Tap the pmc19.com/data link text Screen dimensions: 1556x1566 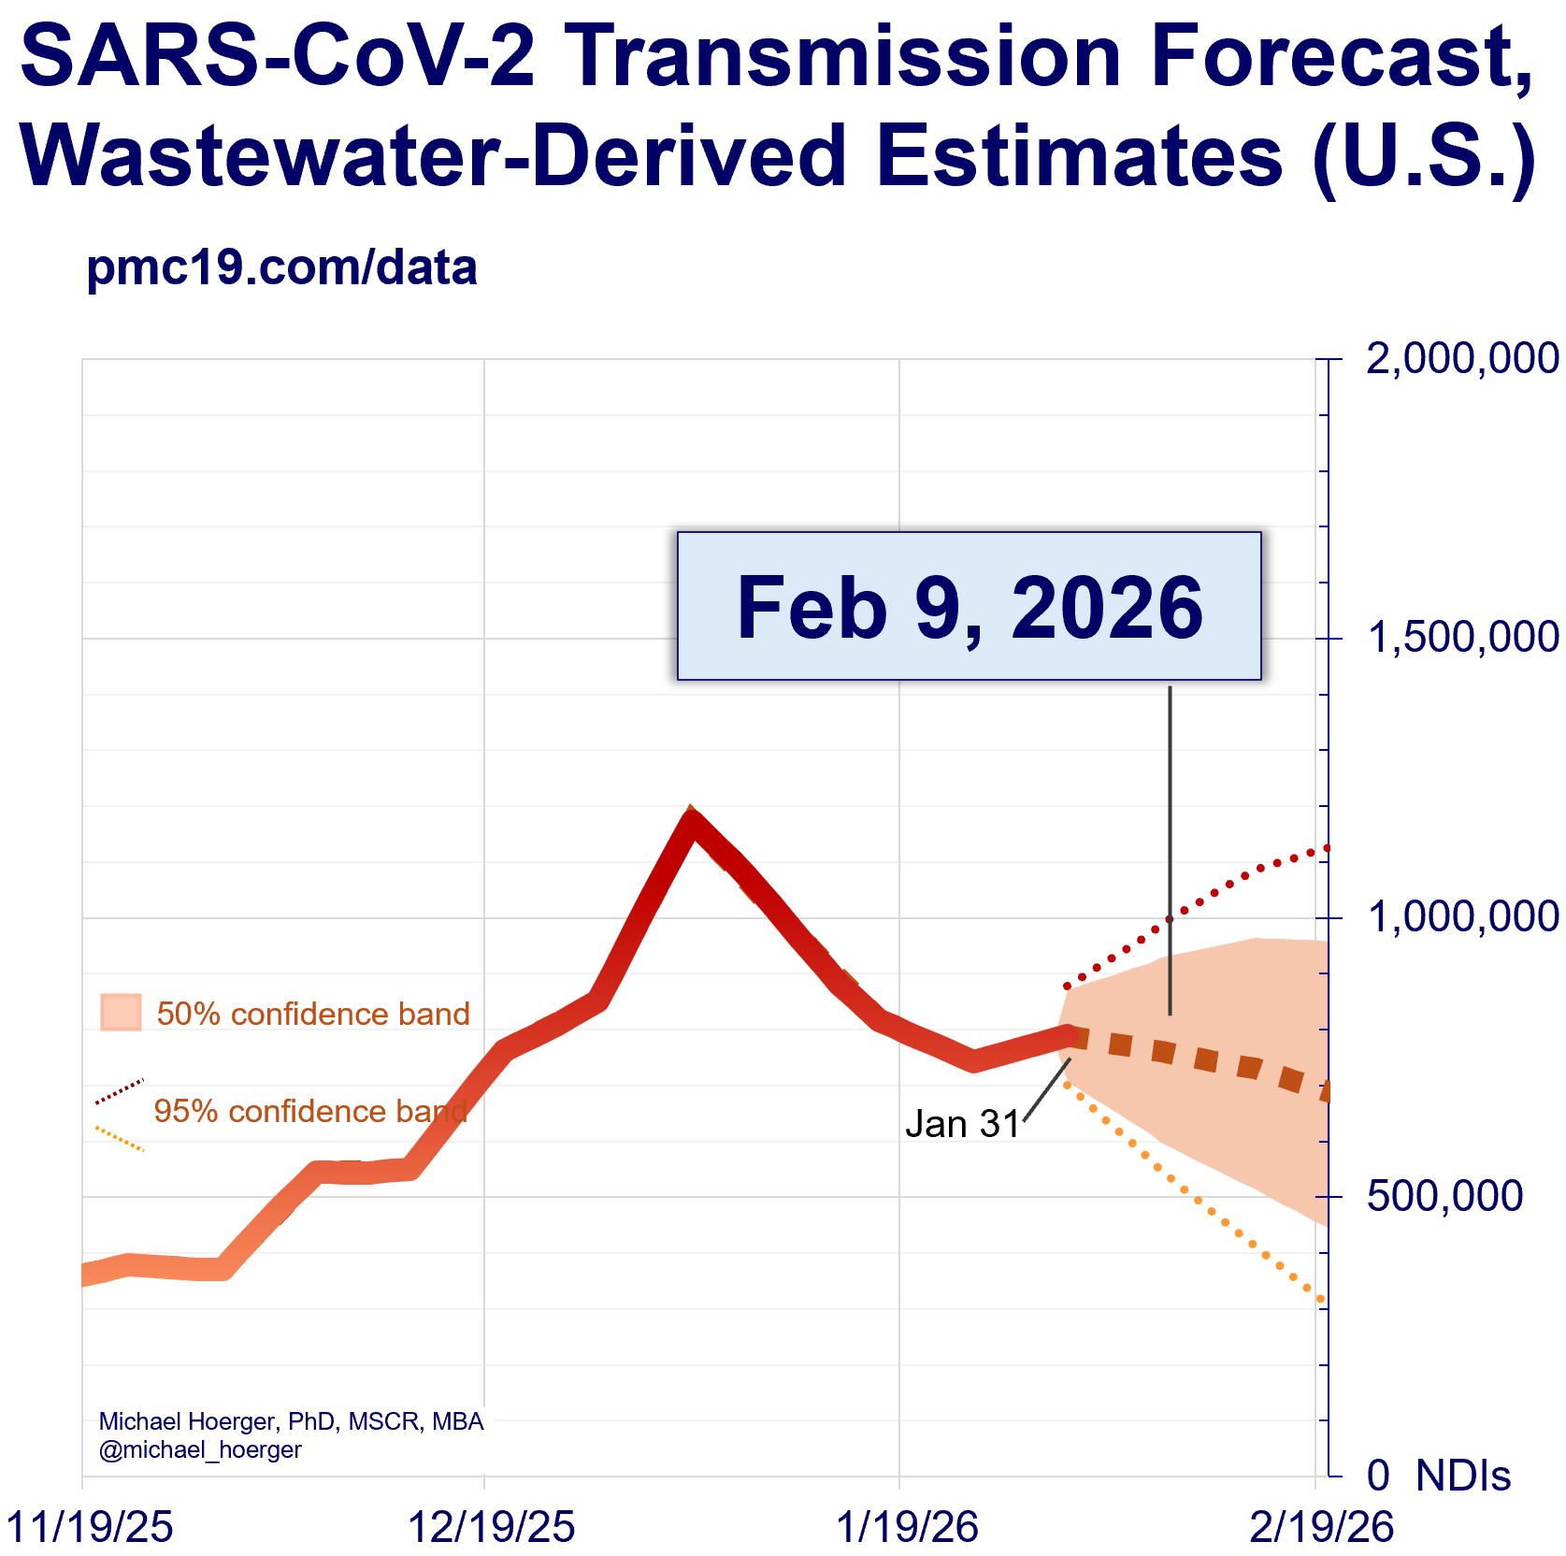click(x=281, y=268)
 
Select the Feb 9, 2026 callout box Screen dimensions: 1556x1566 click(x=969, y=606)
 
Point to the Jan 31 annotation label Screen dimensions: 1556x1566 click(x=962, y=1123)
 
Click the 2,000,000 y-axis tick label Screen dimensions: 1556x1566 click(x=1461, y=359)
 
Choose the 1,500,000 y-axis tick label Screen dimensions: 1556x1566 click(x=1462, y=638)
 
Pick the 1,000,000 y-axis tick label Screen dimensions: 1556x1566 click(x=1462, y=917)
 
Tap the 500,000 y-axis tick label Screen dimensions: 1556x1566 click(x=1444, y=1196)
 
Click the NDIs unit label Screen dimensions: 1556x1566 click(x=1463, y=1476)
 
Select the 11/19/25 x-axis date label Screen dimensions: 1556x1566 click(x=90, y=1527)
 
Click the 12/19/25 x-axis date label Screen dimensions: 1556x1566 click(x=492, y=1527)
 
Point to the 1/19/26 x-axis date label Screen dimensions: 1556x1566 click(x=907, y=1527)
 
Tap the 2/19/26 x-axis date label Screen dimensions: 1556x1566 click(x=1321, y=1527)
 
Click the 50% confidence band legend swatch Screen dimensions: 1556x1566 click(x=121, y=1013)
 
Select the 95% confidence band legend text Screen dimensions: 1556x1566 click(x=309, y=1111)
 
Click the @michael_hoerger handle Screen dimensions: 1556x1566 click(x=200, y=1450)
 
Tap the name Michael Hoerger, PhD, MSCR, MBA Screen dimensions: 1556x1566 click(x=291, y=1422)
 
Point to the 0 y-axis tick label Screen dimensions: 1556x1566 click(x=1378, y=1476)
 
